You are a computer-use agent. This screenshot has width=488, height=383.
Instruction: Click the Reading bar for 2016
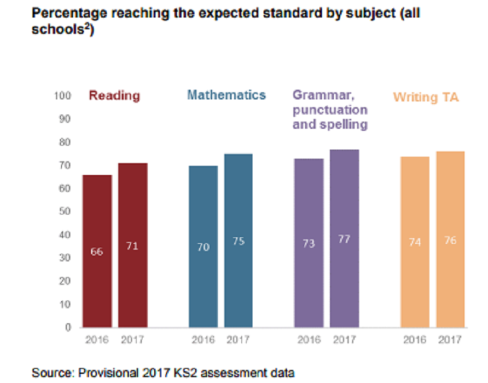click(x=96, y=250)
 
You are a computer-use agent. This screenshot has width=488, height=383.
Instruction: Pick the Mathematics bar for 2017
click(x=238, y=240)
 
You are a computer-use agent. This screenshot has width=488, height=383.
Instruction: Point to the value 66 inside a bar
click(x=96, y=252)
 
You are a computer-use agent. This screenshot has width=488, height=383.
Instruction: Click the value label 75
click(x=238, y=241)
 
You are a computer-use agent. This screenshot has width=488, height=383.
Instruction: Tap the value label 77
click(x=344, y=240)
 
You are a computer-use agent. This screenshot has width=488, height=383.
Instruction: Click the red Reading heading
click(x=115, y=96)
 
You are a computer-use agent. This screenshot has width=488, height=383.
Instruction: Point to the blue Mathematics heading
click(x=226, y=95)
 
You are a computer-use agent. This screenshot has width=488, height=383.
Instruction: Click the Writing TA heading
click(x=426, y=98)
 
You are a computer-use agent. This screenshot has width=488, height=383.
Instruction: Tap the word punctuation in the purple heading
click(x=330, y=110)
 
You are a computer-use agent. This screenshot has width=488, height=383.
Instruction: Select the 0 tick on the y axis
click(x=67, y=327)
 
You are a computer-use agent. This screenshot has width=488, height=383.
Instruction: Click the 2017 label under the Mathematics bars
click(x=238, y=339)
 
